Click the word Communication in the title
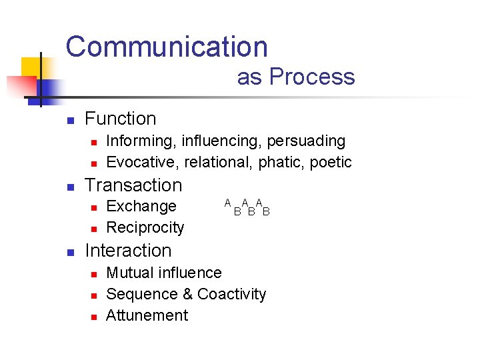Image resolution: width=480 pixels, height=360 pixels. [167, 47]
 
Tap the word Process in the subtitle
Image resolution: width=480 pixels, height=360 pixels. [312, 77]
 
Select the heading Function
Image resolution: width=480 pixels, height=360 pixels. [121, 119]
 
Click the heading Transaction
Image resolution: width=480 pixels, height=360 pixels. [133, 185]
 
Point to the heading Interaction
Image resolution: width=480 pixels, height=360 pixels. [128, 251]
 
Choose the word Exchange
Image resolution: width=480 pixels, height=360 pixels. [141, 207]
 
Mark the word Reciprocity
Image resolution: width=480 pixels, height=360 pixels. [145, 228]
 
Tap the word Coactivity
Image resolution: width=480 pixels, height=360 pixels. [232, 295]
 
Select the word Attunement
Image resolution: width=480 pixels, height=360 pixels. [147, 316]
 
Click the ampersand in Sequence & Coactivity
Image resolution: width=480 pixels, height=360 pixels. [187, 295]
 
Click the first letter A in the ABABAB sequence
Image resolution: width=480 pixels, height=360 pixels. [227, 203]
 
